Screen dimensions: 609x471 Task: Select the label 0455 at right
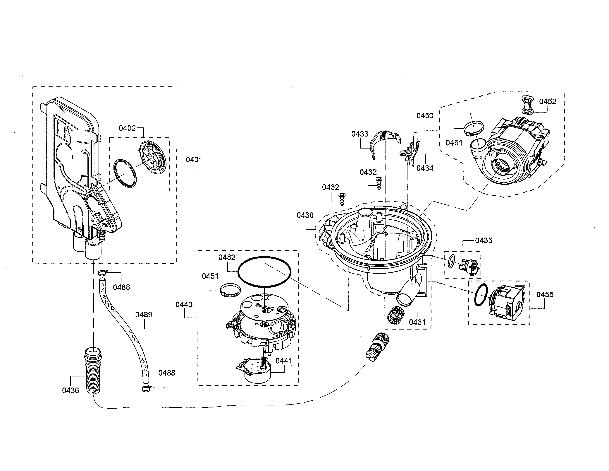point(545,294)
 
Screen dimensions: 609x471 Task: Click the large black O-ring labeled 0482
point(264,272)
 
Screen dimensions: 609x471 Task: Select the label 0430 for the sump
point(305,215)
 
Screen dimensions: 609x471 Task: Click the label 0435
point(484,240)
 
